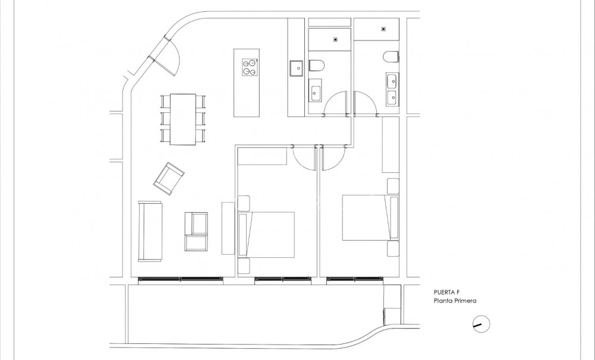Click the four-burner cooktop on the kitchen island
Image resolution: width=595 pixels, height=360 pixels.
point(250,67)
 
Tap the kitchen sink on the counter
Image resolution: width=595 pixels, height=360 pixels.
point(296,68)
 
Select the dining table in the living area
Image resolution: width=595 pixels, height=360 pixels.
point(183,119)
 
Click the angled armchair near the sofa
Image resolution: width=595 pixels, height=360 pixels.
point(169,178)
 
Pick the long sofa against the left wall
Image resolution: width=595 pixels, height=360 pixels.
point(150,231)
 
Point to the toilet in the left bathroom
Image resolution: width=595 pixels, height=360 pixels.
point(316,65)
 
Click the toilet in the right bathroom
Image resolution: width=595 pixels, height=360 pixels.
point(391,56)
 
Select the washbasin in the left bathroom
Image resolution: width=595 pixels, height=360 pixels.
point(316,93)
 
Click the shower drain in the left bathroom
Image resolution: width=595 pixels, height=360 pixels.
point(336,40)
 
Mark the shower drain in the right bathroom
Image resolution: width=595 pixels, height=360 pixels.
point(383,27)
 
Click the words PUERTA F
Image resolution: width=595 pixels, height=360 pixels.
point(448,292)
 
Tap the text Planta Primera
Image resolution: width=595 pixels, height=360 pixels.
point(455,301)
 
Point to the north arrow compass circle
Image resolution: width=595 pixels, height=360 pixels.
point(481,324)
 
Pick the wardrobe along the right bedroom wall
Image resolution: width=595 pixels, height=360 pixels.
point(390,144)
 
